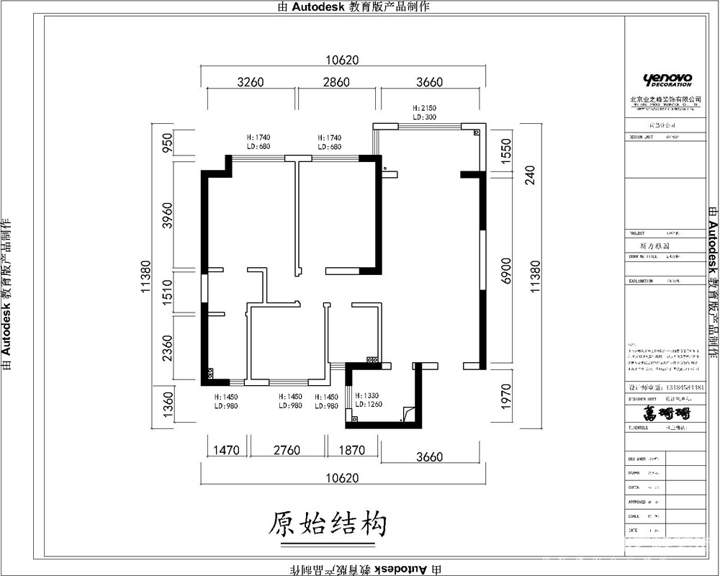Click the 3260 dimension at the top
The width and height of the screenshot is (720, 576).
point(251,82)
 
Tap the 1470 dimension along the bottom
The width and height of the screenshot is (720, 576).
point(225,451)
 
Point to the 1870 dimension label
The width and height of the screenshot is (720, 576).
point(351,451)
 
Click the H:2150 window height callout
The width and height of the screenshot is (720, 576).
point(425,108)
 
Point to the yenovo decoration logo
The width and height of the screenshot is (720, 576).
point(667,79)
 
